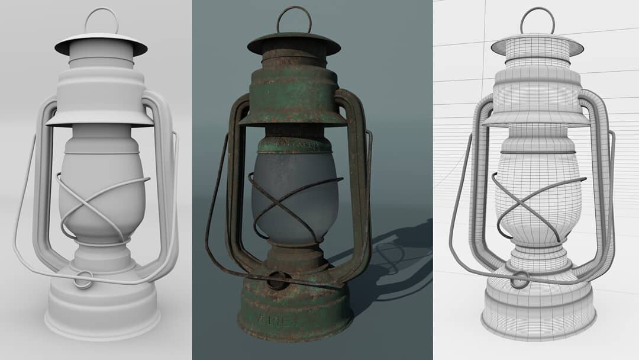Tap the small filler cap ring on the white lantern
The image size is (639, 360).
(x=83, y=279)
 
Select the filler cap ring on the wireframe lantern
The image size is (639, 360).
(x=520, y=279)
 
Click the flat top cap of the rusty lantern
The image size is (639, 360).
(x=294, y=43)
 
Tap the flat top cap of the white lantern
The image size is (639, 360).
(x=101, y=44)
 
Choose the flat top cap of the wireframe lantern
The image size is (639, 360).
(x=537, y=44)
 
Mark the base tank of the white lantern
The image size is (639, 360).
(x=102, y=308)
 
